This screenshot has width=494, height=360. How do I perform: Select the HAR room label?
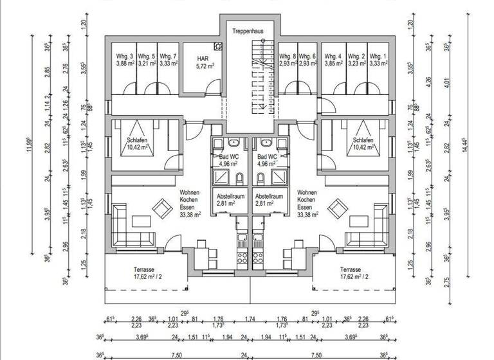coord(202,58)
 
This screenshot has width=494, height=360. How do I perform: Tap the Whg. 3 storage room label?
coord(125,57)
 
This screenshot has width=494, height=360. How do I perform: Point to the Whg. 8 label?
coord(288,57)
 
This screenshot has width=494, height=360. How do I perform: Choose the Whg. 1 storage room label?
coord(378,57)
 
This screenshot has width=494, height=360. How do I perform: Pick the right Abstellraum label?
coord(269,196)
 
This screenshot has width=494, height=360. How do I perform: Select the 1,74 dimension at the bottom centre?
coord(250,318)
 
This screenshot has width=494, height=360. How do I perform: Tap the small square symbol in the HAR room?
coord(219,46)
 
